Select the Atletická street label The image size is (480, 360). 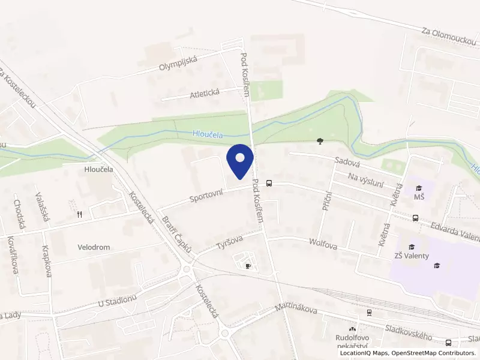coord(205,92)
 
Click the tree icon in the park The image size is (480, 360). coord(320,142)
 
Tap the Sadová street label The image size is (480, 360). coord(347,162)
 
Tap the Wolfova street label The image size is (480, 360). coord(323,244)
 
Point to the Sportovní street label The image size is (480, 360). coord(207,193)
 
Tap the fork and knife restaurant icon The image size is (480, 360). coord(79,214)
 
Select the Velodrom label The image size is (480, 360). coord(94,247)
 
